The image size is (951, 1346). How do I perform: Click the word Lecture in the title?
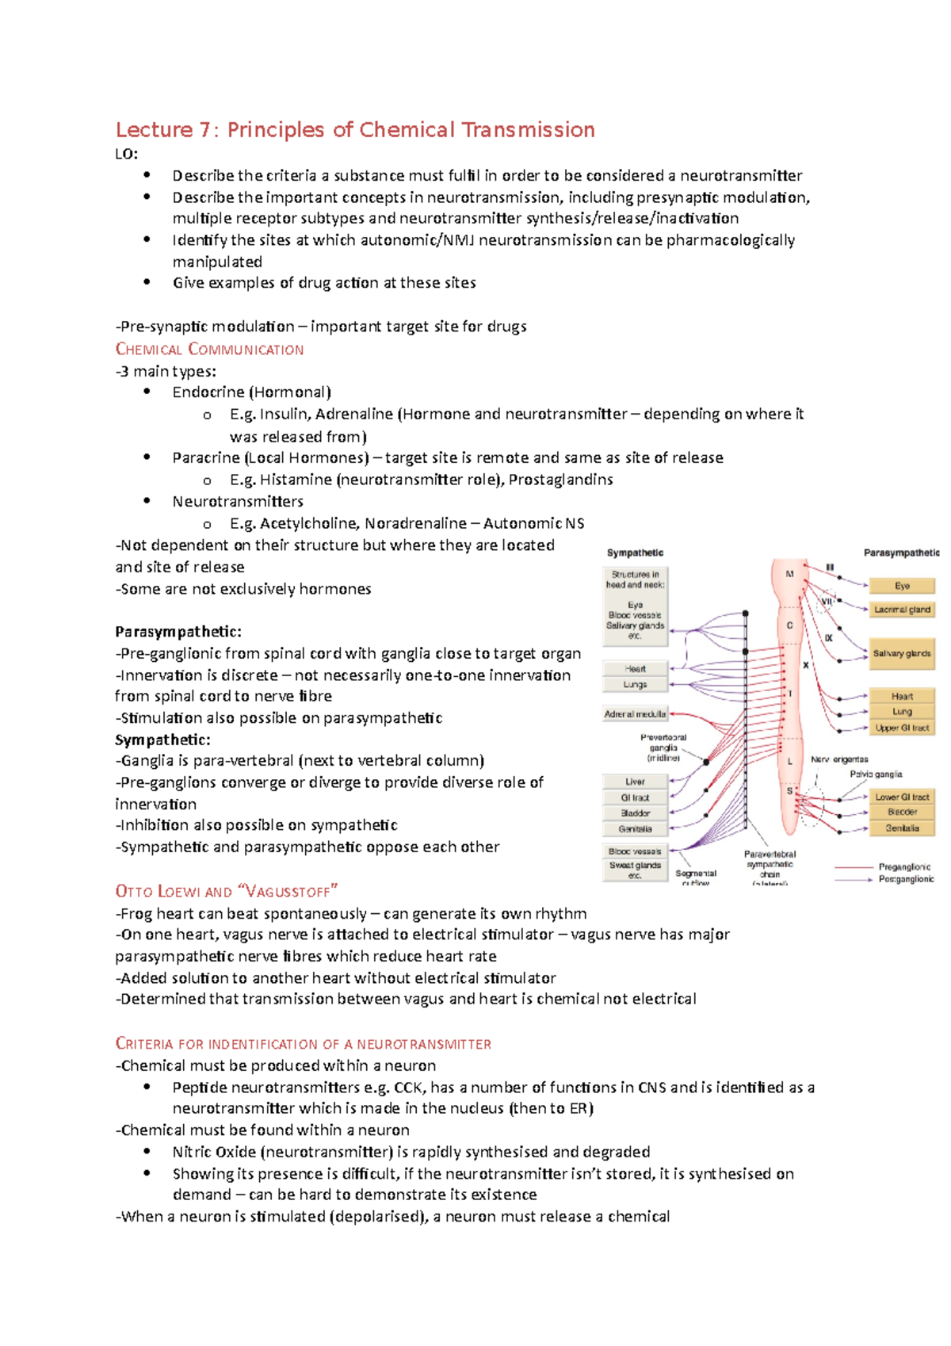tap(155, 130)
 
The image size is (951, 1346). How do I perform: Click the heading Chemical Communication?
tap(209, 350)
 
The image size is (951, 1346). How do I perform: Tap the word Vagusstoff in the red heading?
tap(288, 891)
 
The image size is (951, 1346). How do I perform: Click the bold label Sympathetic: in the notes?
tap(162, 740)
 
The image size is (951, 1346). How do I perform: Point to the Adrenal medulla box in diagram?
tap(635, 714)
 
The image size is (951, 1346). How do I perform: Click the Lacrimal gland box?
tap(902, 610)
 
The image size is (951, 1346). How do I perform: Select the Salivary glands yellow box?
tap(902, 654)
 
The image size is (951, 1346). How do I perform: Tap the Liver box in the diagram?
tap(635, 782)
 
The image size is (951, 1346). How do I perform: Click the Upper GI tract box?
tap(902, 728)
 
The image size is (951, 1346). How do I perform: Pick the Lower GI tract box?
tap(902, 797)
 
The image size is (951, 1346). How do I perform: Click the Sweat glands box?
tap(635, 870)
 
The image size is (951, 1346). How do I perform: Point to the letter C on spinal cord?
tap(789, 625)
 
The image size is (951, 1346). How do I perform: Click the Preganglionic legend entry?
tap(904, 867)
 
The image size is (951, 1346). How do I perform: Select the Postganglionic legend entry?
tap(906, 879)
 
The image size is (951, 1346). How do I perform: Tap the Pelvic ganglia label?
tap(876, 774)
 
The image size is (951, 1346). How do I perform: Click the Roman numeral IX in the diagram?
tap(828, 637)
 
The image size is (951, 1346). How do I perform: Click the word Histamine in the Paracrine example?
tap(296, 480)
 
